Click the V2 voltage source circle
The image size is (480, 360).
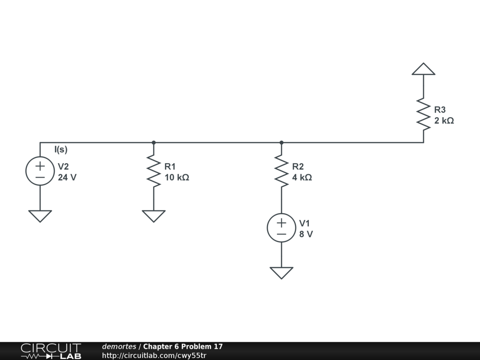(x=40, y=171)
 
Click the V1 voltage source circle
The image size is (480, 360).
(x=281, y=228)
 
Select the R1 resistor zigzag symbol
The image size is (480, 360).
(x=154, y=171)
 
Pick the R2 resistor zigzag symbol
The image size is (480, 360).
(x=281, y=171)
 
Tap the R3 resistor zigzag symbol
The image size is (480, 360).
(x=423, y=114)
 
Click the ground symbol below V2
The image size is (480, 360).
(x=40, y=216)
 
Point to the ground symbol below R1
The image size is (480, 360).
(x=154, y=216)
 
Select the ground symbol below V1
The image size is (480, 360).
(x=281, y=272)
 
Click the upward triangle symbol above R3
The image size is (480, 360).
(x=423, y=69)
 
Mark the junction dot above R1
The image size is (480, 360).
(x=154, y=142)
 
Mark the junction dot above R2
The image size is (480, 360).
(x=281, y=142)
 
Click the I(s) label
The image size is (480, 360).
(x=61, y=150)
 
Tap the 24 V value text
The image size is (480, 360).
(x=67, y=178)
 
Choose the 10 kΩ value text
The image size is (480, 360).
(x=177, y=178)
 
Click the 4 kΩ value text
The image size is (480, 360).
(x=302, y=178)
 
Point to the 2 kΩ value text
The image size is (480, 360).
(x=444, y=120)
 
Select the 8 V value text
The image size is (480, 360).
(x=306, y=234)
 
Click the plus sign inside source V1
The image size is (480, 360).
(x=281, y=222)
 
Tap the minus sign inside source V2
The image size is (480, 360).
(x=40, y=178)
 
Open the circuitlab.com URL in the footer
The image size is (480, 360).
(x=154, y=355)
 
